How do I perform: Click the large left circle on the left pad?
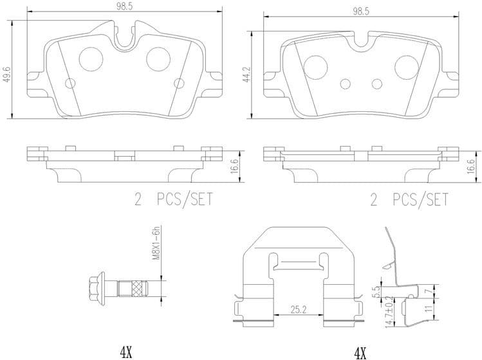(x=91, y=60)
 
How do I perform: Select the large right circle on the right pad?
(x=407, y=64)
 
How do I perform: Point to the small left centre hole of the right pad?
(x=346, y=84)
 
